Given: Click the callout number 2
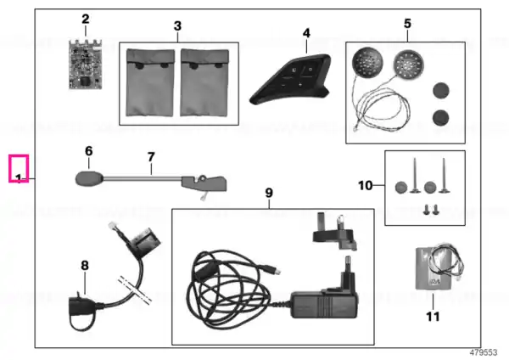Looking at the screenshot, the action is tap(86, 19).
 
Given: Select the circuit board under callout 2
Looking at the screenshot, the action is tap(86, 65).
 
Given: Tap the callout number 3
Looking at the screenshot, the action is tap(177, 25).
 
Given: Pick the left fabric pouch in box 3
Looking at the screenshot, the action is tap(150, 82).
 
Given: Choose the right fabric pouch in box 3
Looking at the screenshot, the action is tap(204, 82).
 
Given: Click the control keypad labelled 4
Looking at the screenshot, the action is tap(290, 80).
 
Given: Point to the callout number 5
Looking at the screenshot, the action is tap(407, 24).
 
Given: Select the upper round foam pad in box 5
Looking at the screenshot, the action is tap(441, 90).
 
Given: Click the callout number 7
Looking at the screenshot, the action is tap(151, 157).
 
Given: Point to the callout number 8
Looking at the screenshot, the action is tap(85, 266).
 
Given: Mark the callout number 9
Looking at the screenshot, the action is tap(269, 193).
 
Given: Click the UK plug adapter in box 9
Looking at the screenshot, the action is tap(334, 232).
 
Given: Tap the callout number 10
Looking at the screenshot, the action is tap(365, 186).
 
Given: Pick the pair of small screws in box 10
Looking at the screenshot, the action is tap(431, 210).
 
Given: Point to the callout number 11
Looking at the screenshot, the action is tap(433, 317).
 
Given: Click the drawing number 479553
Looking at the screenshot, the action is tap(484, 352).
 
